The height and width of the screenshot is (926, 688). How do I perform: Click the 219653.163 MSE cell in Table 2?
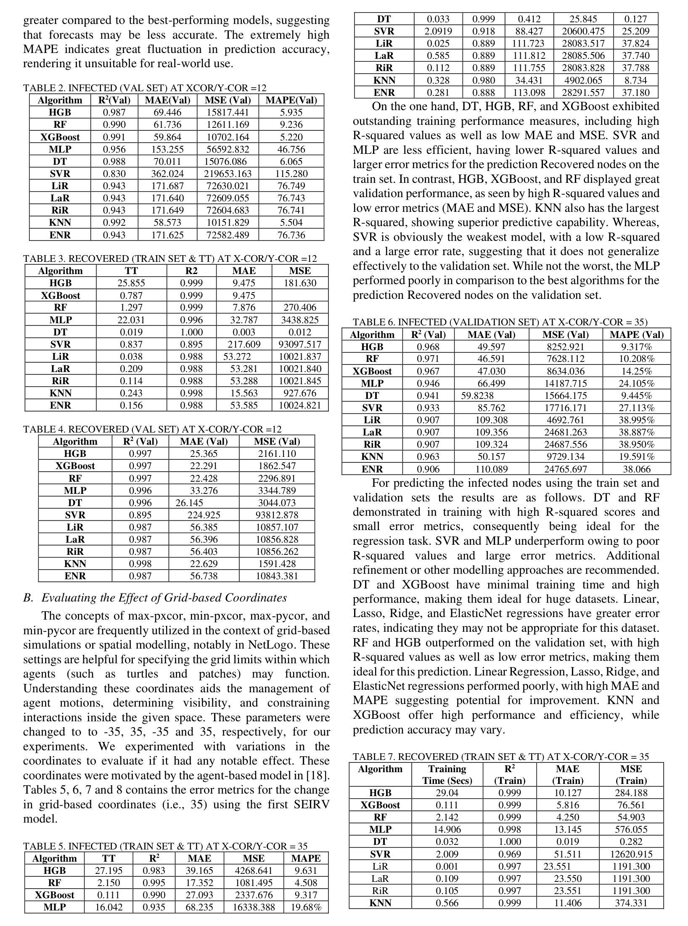click(228, 174)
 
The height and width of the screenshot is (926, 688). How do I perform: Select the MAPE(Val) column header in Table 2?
click(291, 100)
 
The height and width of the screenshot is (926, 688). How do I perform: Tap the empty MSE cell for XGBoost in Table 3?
click(300, 295)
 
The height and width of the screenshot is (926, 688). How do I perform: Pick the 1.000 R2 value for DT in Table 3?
click(191, 332)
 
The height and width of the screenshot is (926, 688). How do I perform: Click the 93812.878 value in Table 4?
click(277, 515)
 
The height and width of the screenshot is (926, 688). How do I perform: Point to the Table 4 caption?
click(152, 429)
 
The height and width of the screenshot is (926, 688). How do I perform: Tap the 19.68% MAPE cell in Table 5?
click(306, 907)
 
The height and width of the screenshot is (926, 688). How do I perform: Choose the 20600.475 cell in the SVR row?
click(583, 31)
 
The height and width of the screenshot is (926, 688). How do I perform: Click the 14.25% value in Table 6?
click(636, 371)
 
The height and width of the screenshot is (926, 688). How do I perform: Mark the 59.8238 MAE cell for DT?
click(478, 396)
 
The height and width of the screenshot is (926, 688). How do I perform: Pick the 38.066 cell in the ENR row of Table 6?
click(636, 469)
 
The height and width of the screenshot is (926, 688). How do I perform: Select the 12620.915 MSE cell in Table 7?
click(631, 854)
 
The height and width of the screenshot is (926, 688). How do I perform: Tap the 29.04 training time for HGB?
click(447, 793)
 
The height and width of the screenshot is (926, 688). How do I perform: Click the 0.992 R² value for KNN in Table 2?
click(114, 222)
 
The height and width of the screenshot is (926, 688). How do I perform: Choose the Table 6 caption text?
click(500, 322)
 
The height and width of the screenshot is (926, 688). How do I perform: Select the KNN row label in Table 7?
click(380, 903)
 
